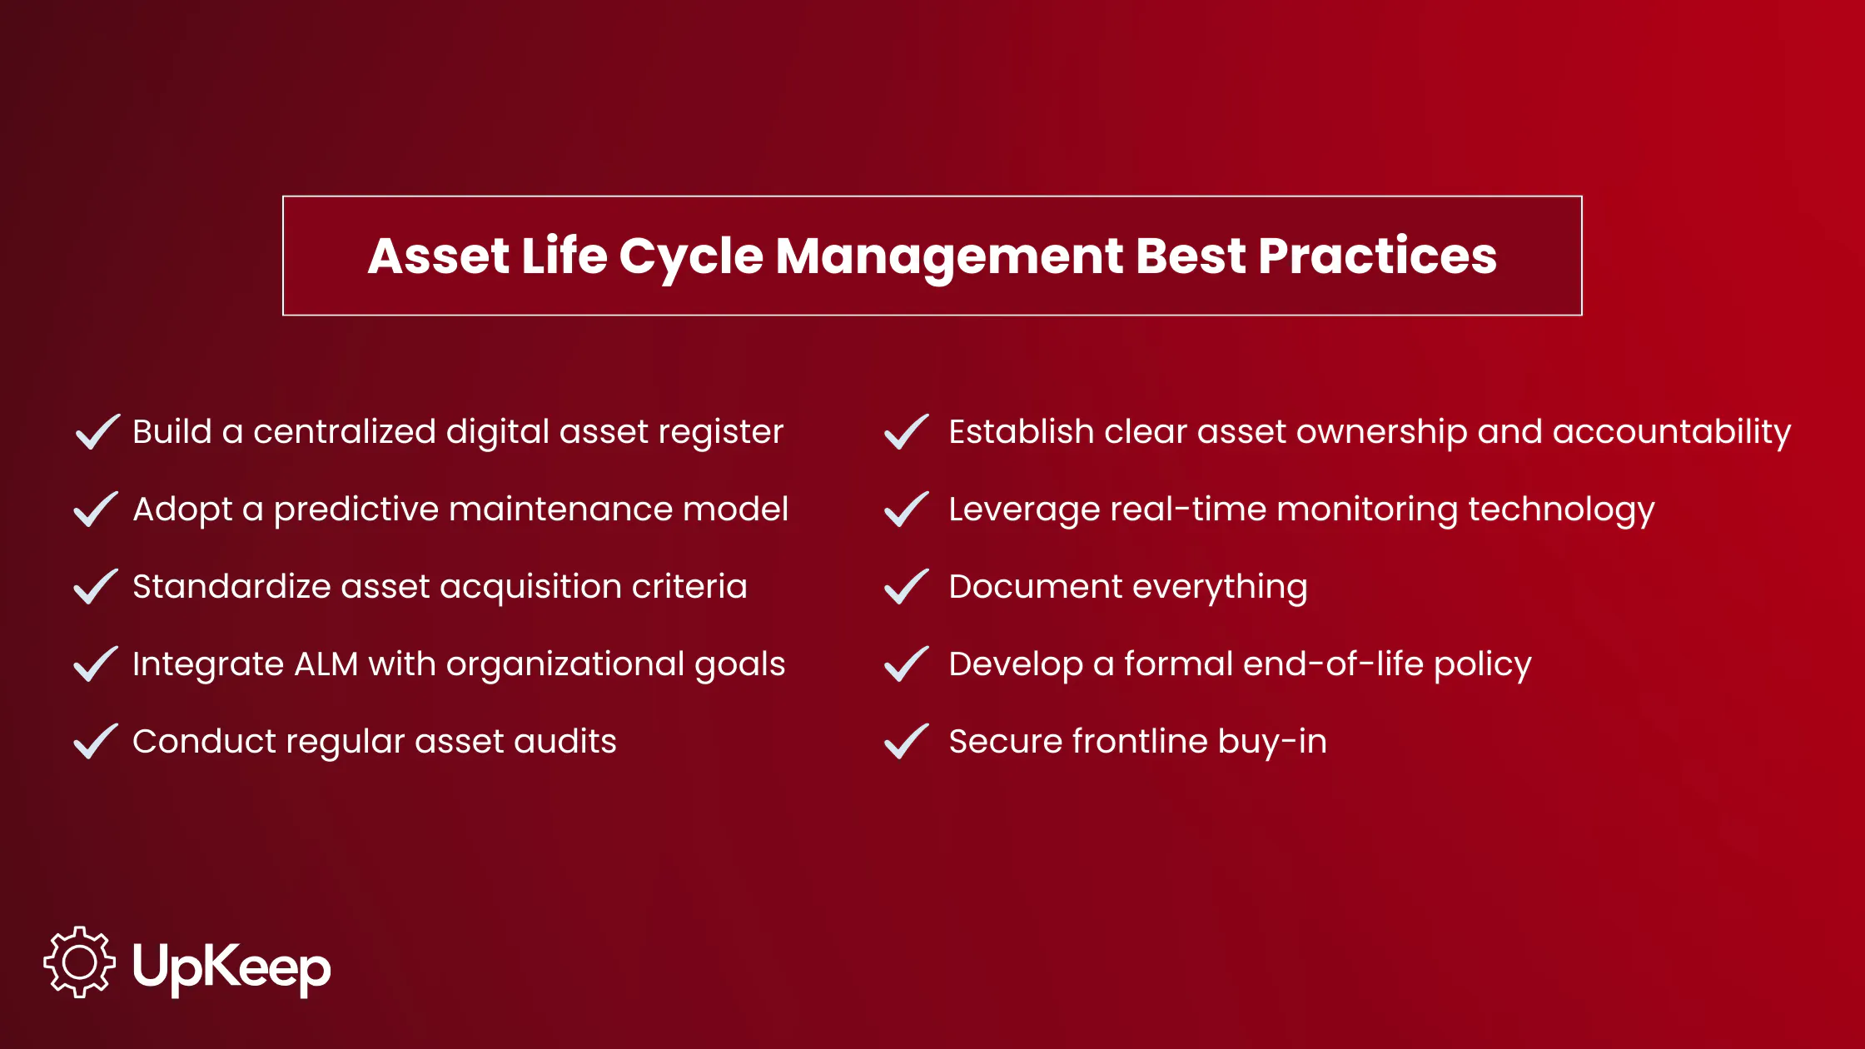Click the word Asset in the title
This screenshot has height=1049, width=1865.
tap(438, 256)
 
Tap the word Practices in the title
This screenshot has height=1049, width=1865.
tap(1377, 256)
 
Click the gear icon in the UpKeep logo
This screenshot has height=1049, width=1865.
tap(79, 962)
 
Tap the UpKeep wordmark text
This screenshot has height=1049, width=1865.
tap(231, 967)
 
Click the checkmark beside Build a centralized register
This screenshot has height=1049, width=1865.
tap(97, 432)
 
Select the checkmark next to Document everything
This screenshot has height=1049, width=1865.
tap(906, 587)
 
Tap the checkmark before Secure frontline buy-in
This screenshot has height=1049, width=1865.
tap(906, 742)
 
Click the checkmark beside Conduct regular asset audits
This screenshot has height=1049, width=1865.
tap(97, 742)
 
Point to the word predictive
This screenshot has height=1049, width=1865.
tap(356, 510)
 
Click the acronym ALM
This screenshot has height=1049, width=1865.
tap(326, 664)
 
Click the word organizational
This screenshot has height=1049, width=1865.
tap(565, 664)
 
